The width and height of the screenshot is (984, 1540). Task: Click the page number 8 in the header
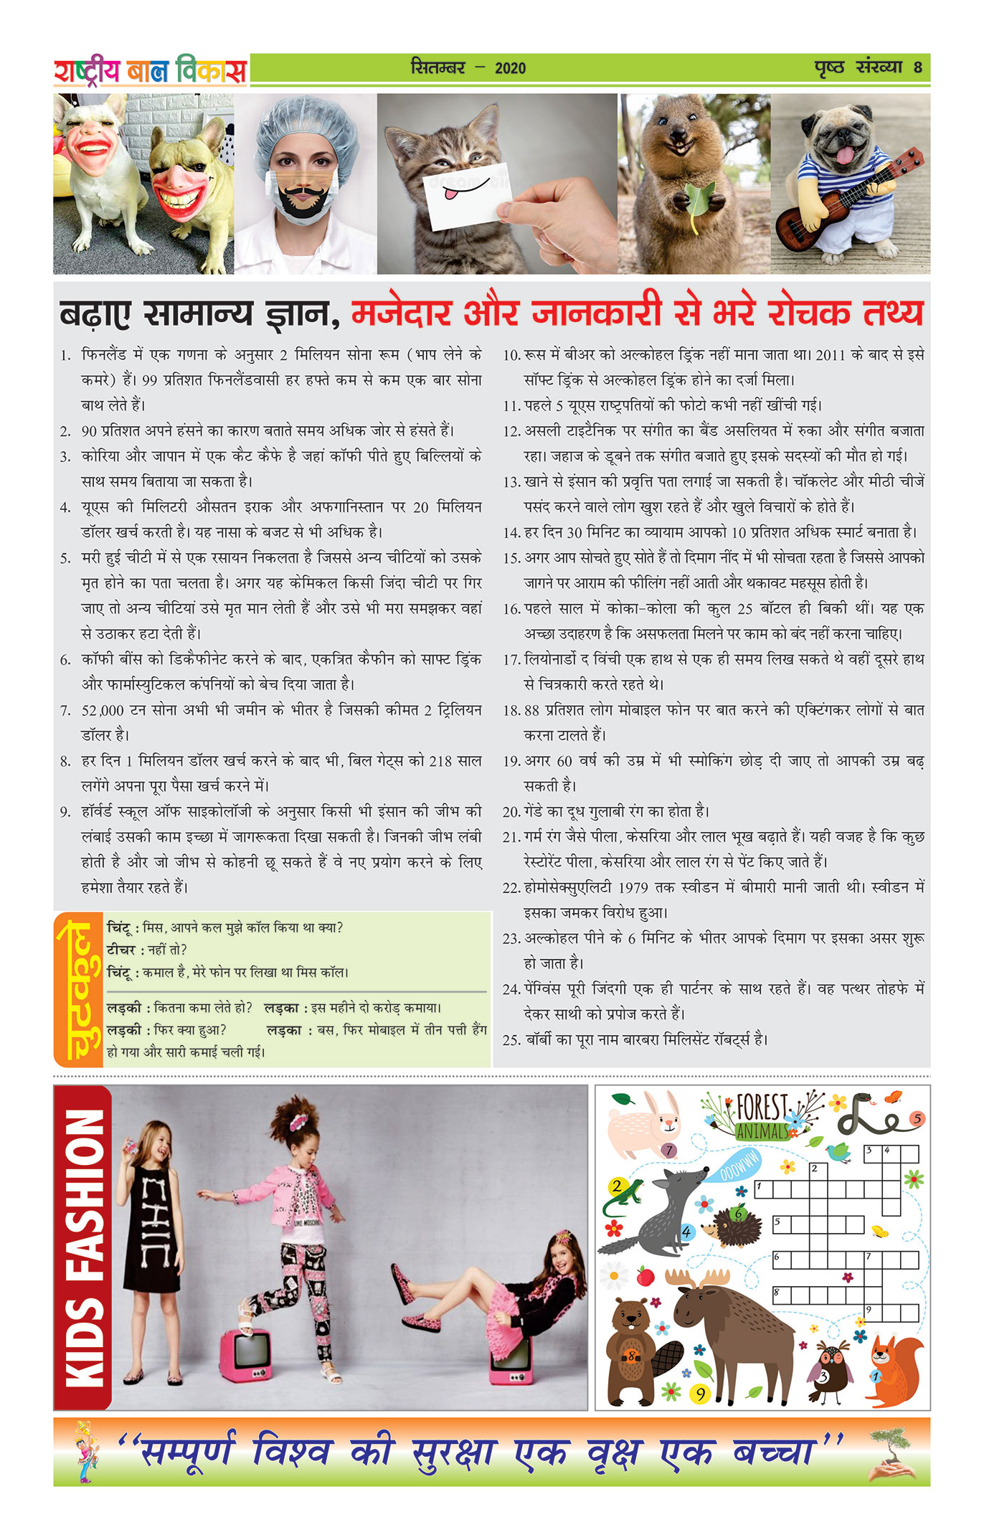tap(917, 68)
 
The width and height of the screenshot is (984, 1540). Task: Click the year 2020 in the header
tap(510, 69)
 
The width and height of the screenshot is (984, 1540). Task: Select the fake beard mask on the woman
tap(304, 198)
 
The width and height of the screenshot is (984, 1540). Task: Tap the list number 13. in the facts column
tap(511, 482)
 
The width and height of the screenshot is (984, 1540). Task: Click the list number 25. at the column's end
tap(511, 1040)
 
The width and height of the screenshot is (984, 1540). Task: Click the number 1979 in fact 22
tap(633, 888)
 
